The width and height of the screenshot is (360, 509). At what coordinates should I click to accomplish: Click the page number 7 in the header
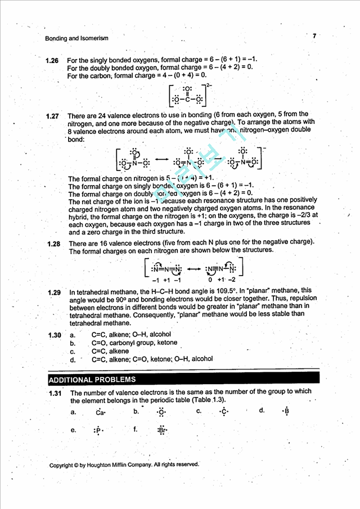[x=314, y=35]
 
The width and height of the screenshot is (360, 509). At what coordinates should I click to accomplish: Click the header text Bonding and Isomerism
[x=76, y=38]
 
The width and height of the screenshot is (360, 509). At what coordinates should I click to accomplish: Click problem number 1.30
[x=54, y=335]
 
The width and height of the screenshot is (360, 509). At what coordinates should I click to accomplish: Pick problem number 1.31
[x=55, y=393]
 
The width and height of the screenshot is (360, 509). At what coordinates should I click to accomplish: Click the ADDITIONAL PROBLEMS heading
[x=92, y=379]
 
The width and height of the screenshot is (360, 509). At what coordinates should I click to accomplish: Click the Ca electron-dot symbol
[x=100, y=412]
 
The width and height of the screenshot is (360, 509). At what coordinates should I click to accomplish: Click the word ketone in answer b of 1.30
[x=167, y=343]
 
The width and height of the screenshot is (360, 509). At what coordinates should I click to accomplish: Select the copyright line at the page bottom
[x=124, y=465]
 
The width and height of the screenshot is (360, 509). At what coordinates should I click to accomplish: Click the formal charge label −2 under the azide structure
[x=231, y=280]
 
